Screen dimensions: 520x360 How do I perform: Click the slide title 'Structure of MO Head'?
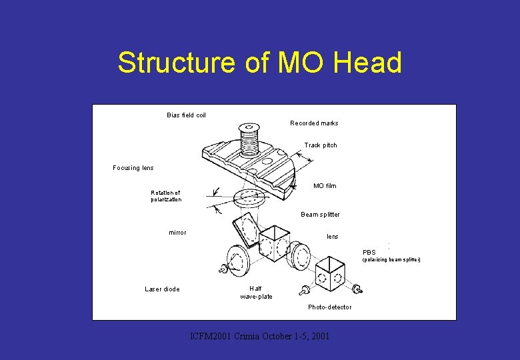coord(260,63)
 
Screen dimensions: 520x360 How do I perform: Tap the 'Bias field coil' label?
coord(186,115)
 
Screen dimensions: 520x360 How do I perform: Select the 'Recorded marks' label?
coord(314,123)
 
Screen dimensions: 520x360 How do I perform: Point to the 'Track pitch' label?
coord(321,145)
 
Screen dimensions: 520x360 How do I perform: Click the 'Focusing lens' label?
coord(133,168)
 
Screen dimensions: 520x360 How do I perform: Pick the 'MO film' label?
coord(325,186)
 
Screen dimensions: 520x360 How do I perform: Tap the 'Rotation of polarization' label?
coord(165,196)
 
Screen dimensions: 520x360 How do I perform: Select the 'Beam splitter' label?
coord(320,215)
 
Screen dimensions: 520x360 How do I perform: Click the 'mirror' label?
coord(177,233)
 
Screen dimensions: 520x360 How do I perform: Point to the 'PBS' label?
coord(369,253)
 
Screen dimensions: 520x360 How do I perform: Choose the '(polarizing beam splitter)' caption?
coord(391,260)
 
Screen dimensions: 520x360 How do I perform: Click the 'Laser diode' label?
coord(162,289)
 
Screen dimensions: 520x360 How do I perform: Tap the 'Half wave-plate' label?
coord(256,293)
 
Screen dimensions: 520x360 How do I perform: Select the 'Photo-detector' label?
coord(329,307)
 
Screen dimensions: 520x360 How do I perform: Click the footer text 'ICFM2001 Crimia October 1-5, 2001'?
coord(260,336)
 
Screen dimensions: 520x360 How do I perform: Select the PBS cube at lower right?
coord(330,274)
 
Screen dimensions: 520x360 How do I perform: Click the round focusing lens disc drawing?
coord(249,198)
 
